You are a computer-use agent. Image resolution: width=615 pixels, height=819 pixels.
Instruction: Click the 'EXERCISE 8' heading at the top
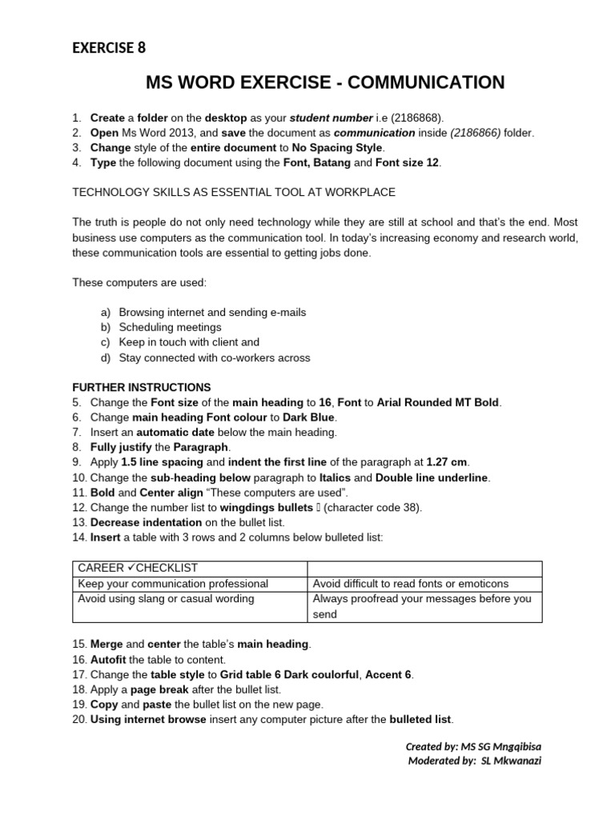[109, 47]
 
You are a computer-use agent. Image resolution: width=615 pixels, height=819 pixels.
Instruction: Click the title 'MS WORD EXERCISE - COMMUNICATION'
[325, 82]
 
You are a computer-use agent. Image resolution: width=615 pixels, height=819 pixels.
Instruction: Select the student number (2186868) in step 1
[419, 118]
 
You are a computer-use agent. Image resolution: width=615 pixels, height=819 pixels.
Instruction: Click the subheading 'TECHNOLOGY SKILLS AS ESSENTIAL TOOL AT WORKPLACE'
[234, 193]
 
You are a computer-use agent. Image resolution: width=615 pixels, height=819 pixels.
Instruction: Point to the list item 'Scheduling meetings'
[170, 327]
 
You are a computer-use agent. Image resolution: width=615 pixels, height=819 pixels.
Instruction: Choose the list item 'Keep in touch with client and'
[189, 342]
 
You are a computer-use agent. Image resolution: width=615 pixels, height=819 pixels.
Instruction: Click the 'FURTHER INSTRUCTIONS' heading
[142, 387]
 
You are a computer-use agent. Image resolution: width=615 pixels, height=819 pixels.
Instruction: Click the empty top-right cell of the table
[424, 569]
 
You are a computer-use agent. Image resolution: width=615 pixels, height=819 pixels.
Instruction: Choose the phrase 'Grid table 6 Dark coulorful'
[291, 674]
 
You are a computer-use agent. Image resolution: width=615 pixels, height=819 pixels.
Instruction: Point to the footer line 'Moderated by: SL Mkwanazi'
[475, 761]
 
